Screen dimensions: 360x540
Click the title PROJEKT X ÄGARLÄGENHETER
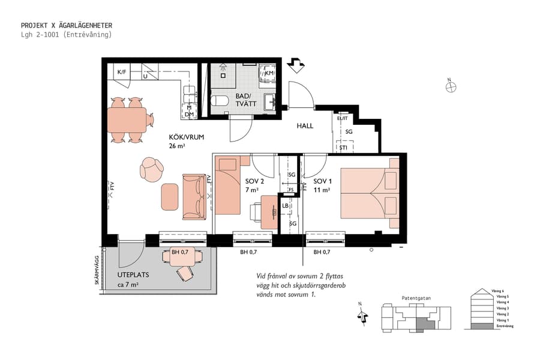coord(66,25)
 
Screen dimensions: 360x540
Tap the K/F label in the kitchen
coord(122,72)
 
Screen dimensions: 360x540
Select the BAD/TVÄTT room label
coord(246,100)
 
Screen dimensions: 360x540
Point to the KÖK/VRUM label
coord(187,137)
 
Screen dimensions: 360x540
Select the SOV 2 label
coord(254,181)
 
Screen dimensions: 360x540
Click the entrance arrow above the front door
coord(295,64)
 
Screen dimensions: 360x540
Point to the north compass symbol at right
coord(451,86)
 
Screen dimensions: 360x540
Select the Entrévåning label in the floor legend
coord(502,326)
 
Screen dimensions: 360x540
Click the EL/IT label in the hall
coord(343,118)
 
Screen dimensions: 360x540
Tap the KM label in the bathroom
coord(269,73)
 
